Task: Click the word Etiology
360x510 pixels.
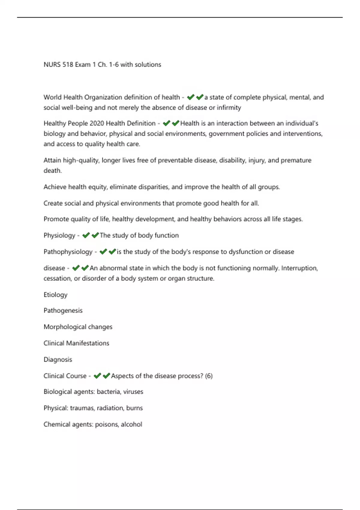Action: (55, 295)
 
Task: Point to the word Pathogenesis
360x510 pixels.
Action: (63, 310)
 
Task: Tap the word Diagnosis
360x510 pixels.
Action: (58, 359)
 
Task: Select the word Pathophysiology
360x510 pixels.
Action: (68, 252)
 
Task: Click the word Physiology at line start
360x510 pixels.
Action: (59, 235)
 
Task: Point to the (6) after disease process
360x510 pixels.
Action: (209, 376)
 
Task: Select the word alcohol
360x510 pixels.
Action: (131, 424)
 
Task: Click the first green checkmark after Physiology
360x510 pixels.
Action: (86, 235)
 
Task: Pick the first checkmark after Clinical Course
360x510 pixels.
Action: (97, 376)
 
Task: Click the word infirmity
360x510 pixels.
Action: (229, 108)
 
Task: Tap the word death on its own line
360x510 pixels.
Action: (52, 171)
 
